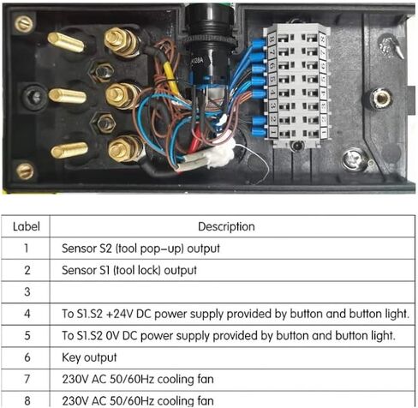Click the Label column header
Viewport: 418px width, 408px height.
[x=26, y=226]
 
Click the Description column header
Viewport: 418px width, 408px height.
[x=226, y=226]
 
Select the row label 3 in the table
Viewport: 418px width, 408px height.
[x=27, y=291]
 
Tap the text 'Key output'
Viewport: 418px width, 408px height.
[x=89, y=357]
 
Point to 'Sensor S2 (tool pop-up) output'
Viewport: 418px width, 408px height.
[x=140, y=249]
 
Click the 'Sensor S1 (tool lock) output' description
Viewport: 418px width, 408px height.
[x=129, y=270]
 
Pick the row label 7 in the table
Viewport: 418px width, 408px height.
[x=27, y=379]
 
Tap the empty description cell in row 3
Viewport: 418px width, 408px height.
[x=232, y=292]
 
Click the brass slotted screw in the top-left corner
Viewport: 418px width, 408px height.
[x=23, y=24]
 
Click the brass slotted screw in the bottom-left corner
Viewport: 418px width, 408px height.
[x=25, y=171]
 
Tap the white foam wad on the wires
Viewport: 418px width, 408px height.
[x=221, y=155]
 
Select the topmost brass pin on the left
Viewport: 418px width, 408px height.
[x=66, y=42]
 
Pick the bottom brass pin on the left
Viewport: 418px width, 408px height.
[x=69, y=150]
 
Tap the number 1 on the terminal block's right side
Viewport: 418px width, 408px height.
[x=324, y=132]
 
